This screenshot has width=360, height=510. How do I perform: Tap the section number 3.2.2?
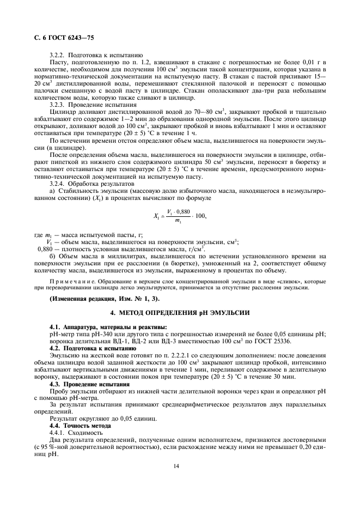click(x=57, y=56)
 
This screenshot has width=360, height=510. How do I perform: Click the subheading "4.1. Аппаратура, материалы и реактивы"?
click(x=101, y=326)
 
